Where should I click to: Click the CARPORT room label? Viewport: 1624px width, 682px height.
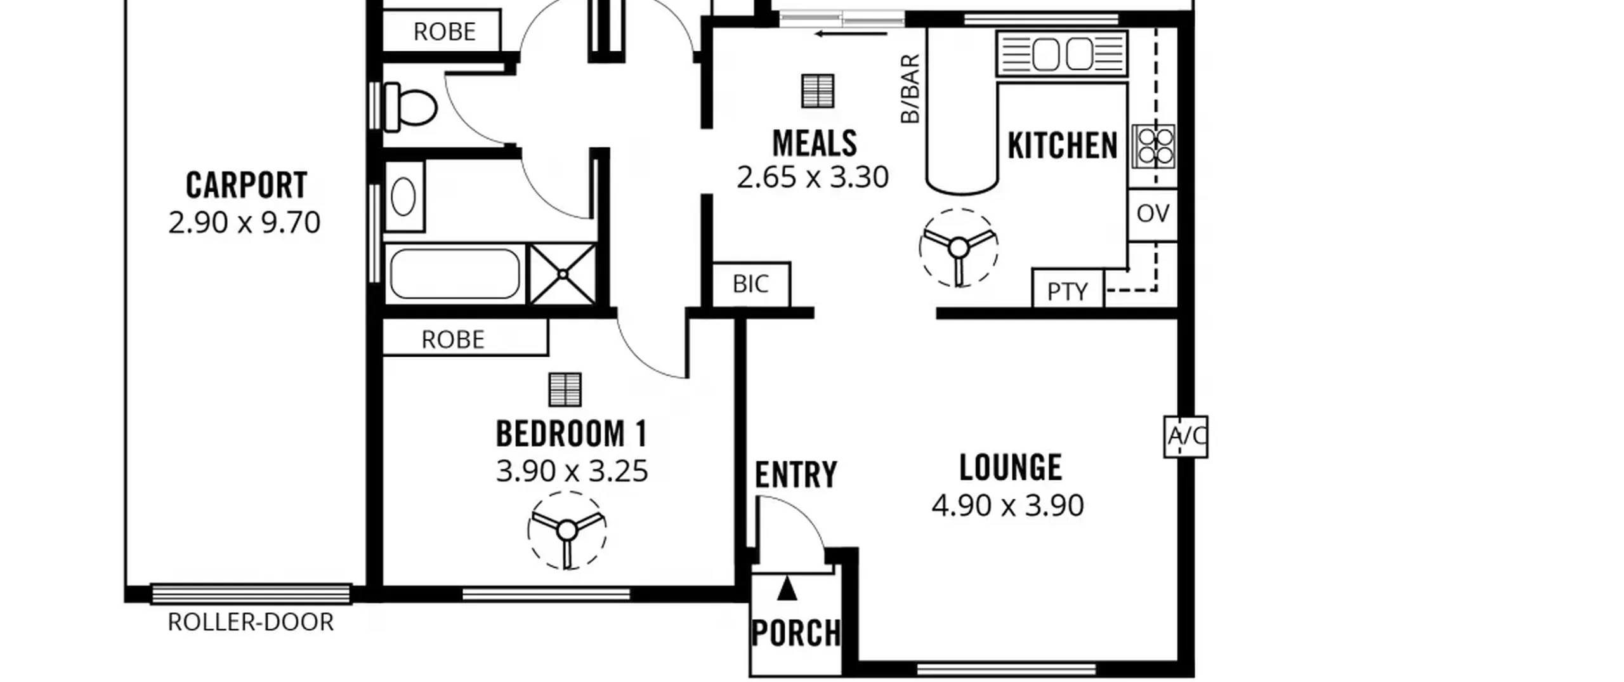pyautogui.click(x=246, y=185)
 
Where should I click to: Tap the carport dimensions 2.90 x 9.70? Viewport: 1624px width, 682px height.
pyautogui.click(x=244, y=223)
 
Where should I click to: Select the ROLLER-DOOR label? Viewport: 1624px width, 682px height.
pyautogui.click(x=251, y=622)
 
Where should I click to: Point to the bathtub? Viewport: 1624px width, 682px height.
pyautogui.click(x=455, y=273)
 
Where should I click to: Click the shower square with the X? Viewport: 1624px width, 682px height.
pyautogui.click(x=563, y=274)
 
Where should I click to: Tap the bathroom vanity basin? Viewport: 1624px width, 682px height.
pyautogui.click(x=403, y=197)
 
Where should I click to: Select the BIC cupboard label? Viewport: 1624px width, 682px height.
pyautogui.click(x=750, y=284)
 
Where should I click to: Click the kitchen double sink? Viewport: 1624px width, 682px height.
pyautogui.click(x=1062, y=54)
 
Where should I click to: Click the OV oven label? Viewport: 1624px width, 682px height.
pyautogui.click(x=1153, y=214)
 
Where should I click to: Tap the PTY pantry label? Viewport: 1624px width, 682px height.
pyautogui.click(x=1068, y=292)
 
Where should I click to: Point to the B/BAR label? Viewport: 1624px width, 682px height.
pyautogui.click(x=910, y=88)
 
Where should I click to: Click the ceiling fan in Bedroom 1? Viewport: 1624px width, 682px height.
pyautogui.click(x=567, y=530)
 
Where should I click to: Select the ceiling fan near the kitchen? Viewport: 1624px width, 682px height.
pyautogui.click(x=959, y=247)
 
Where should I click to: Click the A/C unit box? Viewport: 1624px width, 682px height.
pyautogui.click(x=1186, y=436)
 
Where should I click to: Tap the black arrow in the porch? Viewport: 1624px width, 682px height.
pyautogui.click(x=787, y=588)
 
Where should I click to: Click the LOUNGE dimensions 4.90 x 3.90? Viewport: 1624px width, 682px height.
pyautogui.click(x=1007, y=506)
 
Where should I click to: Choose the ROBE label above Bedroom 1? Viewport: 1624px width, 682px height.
pyautogui.click(x=453, y=340)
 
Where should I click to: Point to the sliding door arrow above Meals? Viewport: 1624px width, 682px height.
pyautogui.click(x=851, y=34)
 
